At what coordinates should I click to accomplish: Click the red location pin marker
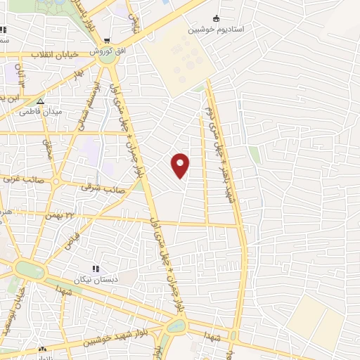point(181,165)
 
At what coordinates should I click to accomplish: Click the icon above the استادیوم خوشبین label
point(216,19)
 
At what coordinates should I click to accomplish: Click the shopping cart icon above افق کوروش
point(106,40)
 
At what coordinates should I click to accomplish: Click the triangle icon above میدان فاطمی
point(40,102)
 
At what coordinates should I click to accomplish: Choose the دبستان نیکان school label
point(96,278)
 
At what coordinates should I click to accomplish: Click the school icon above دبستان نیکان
point(96,268)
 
